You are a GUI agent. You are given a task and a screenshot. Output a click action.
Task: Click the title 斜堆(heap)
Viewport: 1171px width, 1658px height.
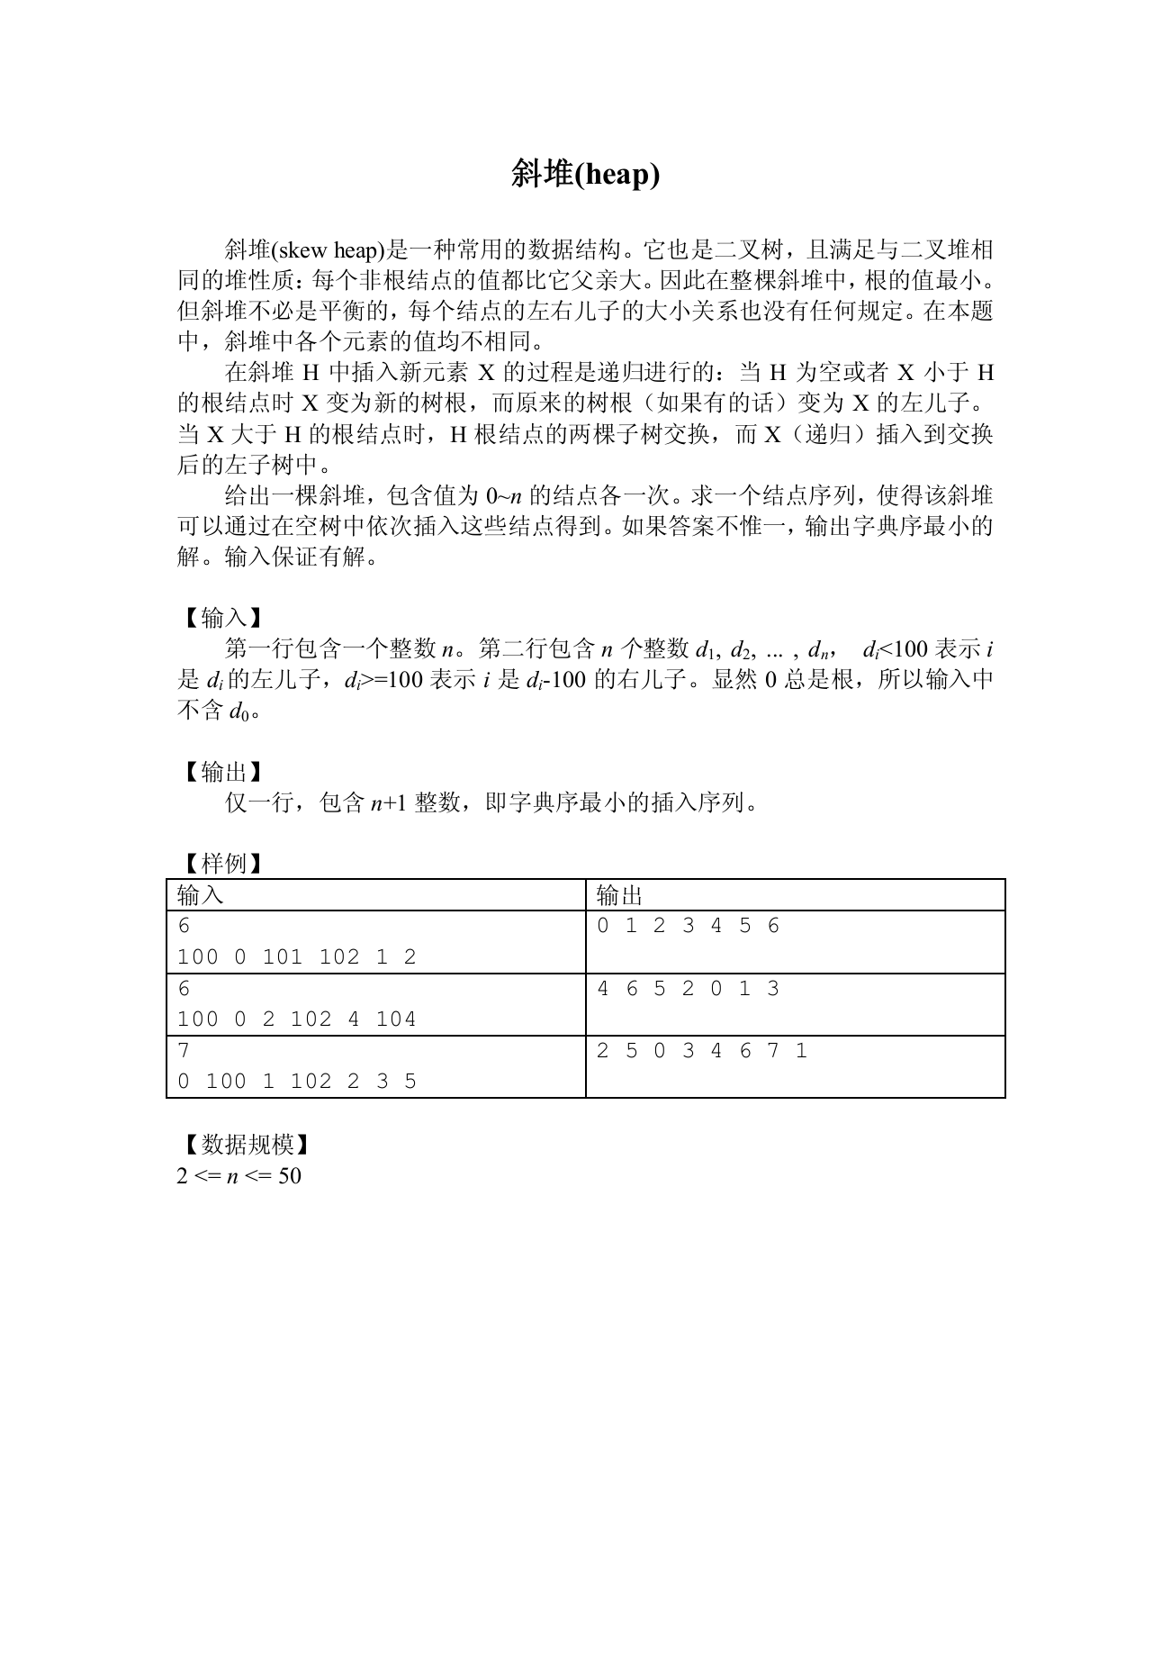(x=585, y=174)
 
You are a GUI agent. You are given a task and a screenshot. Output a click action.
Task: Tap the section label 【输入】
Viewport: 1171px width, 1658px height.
(x=222, y=618)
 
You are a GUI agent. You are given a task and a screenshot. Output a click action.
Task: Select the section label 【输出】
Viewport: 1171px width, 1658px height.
(x=222, y=772)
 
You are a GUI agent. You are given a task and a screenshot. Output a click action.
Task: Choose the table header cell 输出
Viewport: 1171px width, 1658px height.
(x=619, y=895)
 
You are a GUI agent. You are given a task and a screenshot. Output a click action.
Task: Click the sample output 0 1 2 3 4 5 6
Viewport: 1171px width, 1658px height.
(x=689, y=926)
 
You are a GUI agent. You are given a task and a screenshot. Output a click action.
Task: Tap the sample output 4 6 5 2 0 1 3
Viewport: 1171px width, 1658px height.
(x=689, y=989)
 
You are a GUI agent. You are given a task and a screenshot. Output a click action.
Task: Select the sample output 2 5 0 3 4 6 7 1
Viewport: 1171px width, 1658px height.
(x=702, y=1051)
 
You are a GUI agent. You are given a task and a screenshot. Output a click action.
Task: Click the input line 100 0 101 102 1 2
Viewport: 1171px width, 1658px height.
(x=297, y=957)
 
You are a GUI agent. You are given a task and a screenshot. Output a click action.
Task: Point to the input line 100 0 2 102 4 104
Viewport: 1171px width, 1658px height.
(x=297, y=1019)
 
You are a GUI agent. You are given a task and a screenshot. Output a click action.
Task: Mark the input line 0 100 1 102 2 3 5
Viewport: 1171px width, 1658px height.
(x=297, y=1082)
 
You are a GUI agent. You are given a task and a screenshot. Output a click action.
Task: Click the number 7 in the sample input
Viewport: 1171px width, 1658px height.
(x=184, y=1051)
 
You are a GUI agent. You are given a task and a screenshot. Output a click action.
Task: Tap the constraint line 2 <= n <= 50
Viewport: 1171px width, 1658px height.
(x=239, y=1176)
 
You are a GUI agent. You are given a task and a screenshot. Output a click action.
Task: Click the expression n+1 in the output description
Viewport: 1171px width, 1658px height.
(x=389, y=802)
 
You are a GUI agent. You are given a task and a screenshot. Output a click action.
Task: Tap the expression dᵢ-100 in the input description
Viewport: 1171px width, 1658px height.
(x=555, y=680)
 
